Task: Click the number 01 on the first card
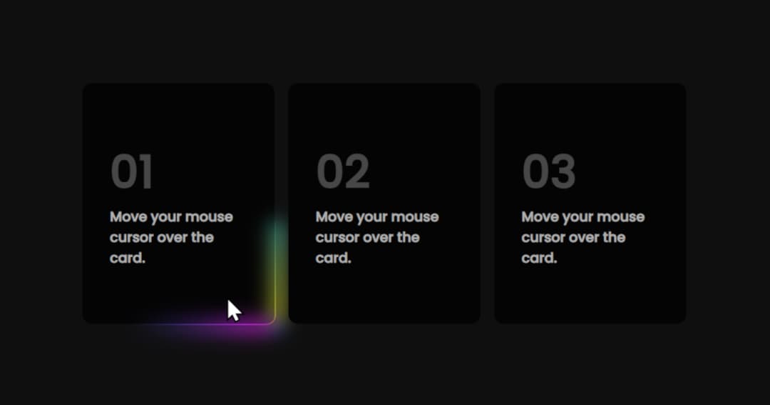click(132, 172)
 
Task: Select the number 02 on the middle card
click(343, 172)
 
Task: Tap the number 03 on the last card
click(549, 172)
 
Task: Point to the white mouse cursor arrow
click(233, 310)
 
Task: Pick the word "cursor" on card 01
click(131, 237)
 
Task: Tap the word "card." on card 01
click(128, 258)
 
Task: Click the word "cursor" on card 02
click(337, 237)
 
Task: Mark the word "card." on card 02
click(334, 258)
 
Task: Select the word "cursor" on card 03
click(543, 237)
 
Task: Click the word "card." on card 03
click(539, 258)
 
